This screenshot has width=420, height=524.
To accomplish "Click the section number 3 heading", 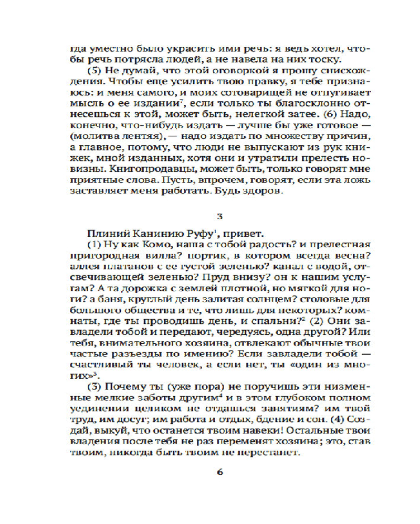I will [x=220, y=215].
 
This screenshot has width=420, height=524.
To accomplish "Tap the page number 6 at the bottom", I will [x=220, y=471].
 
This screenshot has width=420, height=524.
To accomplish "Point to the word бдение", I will [x=292, y=420].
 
